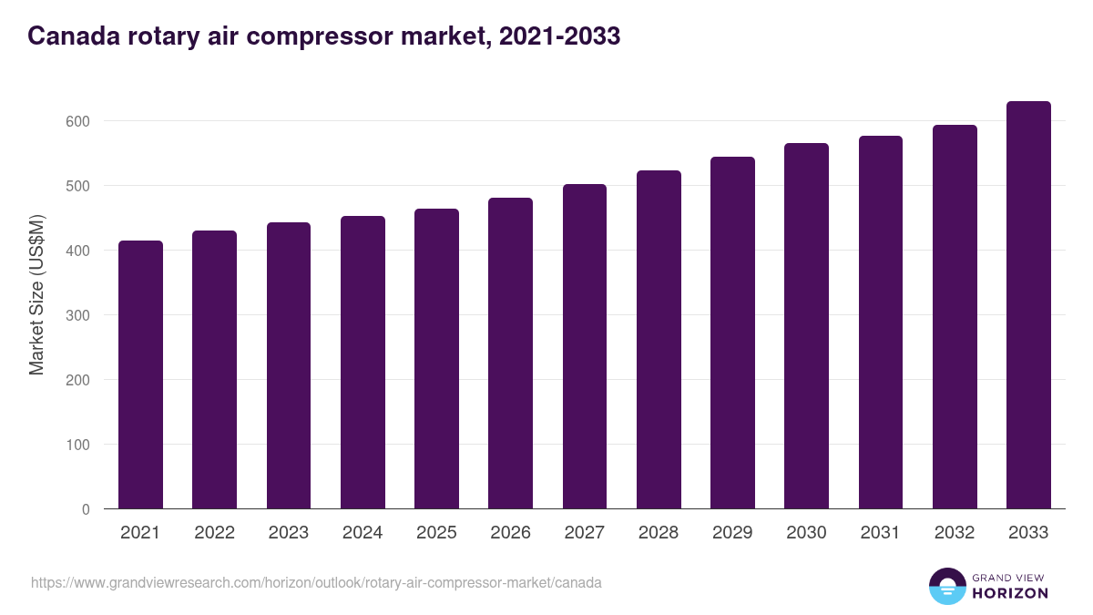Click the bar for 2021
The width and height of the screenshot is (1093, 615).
[140, 374]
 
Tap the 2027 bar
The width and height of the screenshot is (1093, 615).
[585, 346]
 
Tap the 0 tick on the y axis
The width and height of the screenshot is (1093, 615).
[86, 509]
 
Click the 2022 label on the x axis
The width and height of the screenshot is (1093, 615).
[214, 533]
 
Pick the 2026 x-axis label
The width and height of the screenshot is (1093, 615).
[510, 533]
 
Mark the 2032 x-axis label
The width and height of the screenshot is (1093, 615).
[955, 533]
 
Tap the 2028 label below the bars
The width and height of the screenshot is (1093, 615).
[659, 533]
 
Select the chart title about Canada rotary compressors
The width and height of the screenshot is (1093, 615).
[323, 36]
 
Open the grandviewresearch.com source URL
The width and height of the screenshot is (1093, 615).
[316, 582]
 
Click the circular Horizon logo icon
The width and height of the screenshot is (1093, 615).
[946, 586]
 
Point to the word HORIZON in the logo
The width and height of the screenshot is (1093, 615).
[1011, 593]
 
